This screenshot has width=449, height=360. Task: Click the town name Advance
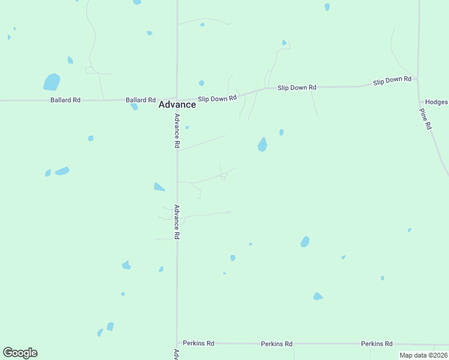click(x=176, y=104)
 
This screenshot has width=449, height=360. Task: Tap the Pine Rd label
click(x=426, y=119)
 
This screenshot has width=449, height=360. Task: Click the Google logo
click(x=20, y=353)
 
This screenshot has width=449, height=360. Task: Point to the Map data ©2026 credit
click(x=423, y=355)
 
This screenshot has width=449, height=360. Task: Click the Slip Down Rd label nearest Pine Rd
click(x=392, y=79)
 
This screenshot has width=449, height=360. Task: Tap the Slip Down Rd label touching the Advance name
click(x=217, y=98)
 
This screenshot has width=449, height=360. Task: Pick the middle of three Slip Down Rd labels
click(x=297, y=88)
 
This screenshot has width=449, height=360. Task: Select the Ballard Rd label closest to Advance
click(x=140, y=100)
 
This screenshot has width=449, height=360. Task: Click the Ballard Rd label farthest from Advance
click(x=65, y=100)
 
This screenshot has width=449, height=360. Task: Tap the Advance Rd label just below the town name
click(x=177, y=131)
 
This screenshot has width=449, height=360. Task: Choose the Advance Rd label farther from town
click(x=177, y=222)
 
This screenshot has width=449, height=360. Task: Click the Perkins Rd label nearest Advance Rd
click(x=199, y=343)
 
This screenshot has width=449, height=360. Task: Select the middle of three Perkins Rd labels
click(x=276, y=344)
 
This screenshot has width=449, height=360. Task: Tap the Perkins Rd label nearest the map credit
click(x=376, y=344)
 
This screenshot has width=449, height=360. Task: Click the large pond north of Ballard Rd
click(x=52, y=82)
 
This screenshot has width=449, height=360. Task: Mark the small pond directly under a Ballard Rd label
click(x=134, y=107)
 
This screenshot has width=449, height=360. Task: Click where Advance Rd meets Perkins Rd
click(x=177, y=343)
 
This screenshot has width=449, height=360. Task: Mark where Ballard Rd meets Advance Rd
click(x=176, y=99)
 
